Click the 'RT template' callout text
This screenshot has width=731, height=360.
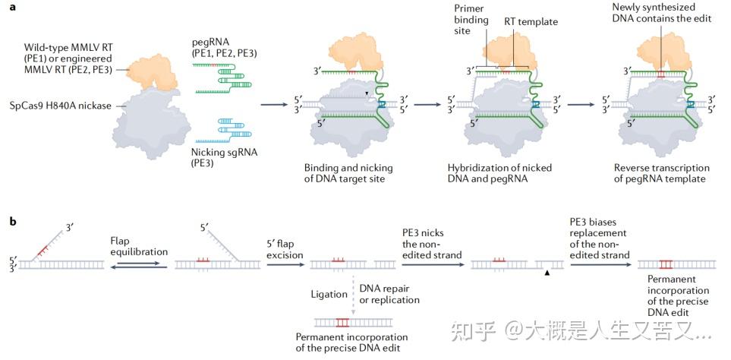(531, 22)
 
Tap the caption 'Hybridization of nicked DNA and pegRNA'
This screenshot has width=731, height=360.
(496, 173)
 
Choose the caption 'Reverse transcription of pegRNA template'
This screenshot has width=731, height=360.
(661, 173)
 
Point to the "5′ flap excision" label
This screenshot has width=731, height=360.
(282, 245)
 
